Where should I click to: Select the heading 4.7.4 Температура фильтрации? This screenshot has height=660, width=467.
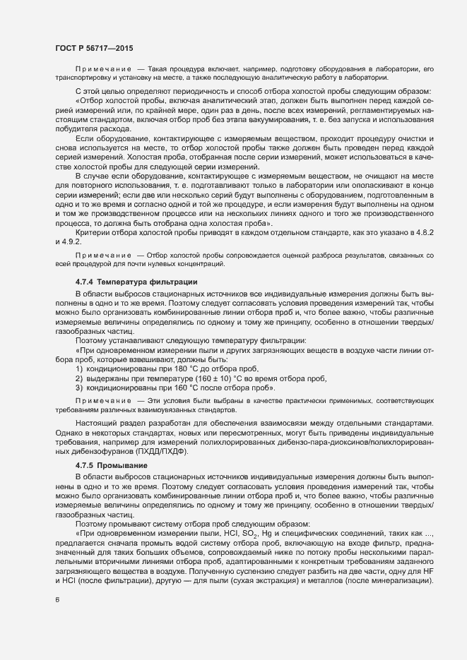click(137, 282)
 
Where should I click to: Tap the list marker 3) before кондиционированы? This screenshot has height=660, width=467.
click(79, 388)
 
